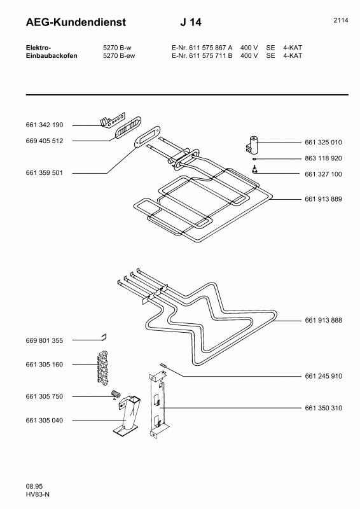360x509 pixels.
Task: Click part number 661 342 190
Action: (44, 125)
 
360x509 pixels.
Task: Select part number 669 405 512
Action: (44, 141)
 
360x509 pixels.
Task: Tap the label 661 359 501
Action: (44, 172)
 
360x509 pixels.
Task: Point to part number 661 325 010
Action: (323, 142)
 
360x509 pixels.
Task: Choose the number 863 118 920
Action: (323, 158)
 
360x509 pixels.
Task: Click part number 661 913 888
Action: (323, 320)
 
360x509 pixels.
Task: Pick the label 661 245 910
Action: (323, 376)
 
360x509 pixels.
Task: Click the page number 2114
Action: (341, 20)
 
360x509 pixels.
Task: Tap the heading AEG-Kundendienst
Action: (76, 22)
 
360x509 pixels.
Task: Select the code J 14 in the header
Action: (191, 22)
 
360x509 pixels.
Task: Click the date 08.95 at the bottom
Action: (34, 486)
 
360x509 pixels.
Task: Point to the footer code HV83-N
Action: (38, 494)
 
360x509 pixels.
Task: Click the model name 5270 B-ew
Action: (119, 55)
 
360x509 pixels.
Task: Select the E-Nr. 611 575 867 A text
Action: (202, 47)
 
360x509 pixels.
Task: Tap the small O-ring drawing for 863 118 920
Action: (255, 158)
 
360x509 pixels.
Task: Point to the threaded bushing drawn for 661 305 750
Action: (116, 394)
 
